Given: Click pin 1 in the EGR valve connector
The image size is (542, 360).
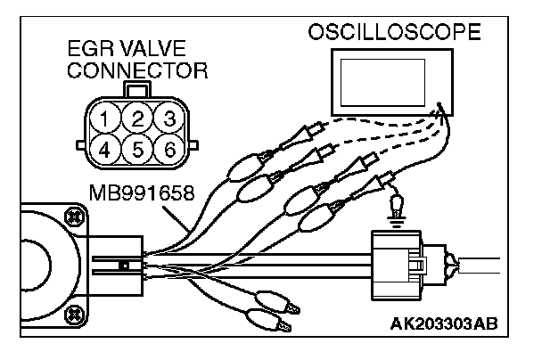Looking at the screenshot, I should pos(108,119).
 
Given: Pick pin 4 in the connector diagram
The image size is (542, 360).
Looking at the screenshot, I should pos(108,148).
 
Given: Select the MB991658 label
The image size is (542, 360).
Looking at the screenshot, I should pos(143,193).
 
